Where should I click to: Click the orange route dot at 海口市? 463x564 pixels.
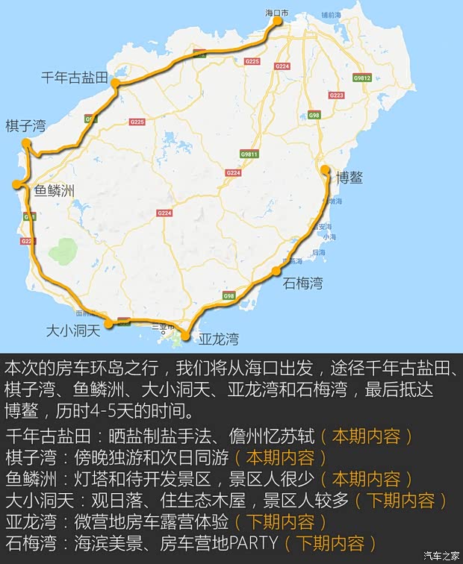click(278, 21)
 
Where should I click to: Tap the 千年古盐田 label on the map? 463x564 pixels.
click(75, 77)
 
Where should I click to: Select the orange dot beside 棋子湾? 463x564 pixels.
click(27, 143)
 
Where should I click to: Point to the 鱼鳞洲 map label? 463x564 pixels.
click(55, 191)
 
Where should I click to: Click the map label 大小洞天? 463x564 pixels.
click(72, 330)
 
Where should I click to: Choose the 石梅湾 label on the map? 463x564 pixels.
click(302, 283)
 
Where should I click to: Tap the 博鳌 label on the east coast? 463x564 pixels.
click(349, 178)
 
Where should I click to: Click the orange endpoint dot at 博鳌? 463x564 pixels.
click(325, 169)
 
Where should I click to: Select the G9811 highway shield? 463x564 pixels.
click(249, 154)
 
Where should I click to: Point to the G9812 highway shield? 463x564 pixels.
click(363, 77)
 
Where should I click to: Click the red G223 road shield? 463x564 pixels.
click(336, 95)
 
